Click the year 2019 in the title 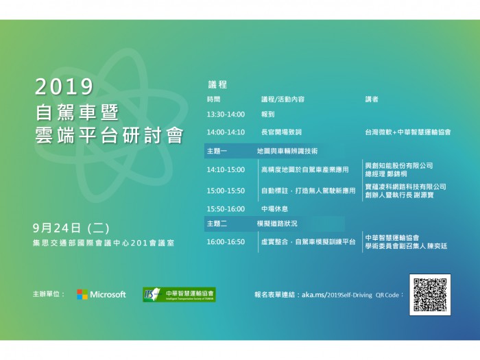click(64, 86)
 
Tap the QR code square click(430, 295)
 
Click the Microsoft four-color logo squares click(82, 294)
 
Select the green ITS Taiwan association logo click(179, 294)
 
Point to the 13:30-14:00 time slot click(226, 115)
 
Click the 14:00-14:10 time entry click(226, 132)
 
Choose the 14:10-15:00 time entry click(226, 169)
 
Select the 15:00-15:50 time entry click(226, 191)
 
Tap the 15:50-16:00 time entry click(226, 209)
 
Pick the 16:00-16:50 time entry click(226, 242)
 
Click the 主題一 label click(217, 152)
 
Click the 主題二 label click(217, 224)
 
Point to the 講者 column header click(372, 99)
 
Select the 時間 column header click(214, 99)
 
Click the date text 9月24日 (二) click(71, 228)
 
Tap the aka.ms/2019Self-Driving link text click(337, 295)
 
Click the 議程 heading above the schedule click(217, 84)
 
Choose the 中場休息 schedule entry click(274, 209)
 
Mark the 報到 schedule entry click(268, 115)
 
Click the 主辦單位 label click(49, 294)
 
